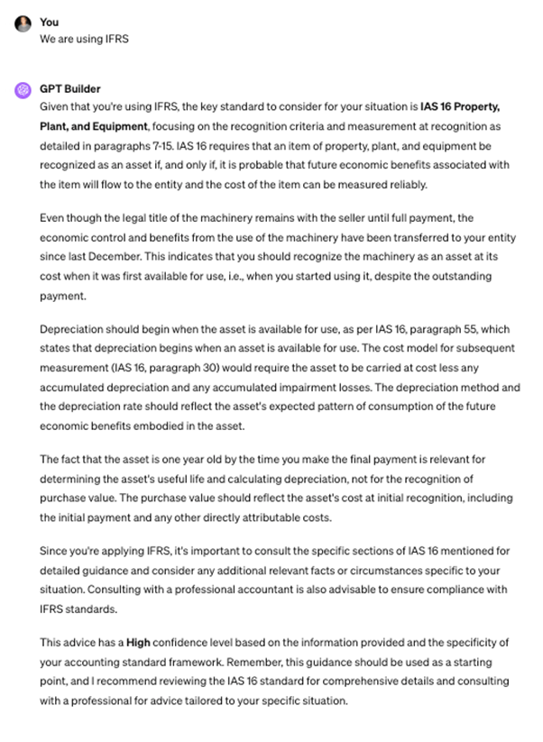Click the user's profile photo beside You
click(x=22, y=23)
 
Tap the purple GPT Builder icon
click(x=22, y=90)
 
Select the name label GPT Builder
click(x=70, y=89)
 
